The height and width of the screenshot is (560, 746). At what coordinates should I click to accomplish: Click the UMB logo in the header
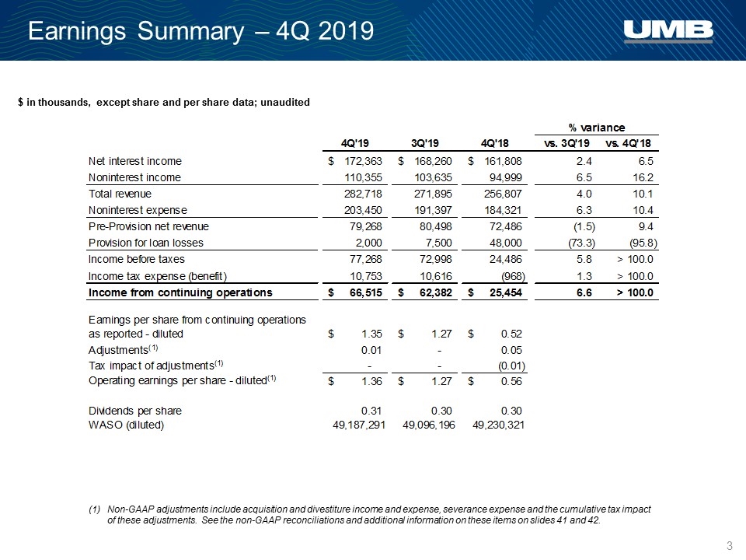[668, 31]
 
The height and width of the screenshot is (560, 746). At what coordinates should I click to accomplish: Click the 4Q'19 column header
[355, 143]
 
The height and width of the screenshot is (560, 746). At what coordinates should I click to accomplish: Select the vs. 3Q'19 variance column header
[566, 143]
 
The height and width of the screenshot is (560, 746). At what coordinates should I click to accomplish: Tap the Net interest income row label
[135, 162]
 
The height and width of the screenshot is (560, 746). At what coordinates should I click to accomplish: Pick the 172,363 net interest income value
[363, 162]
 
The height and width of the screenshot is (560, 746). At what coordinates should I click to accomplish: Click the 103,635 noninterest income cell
[433, 177]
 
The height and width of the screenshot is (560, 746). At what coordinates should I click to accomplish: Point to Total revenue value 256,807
[503, 194]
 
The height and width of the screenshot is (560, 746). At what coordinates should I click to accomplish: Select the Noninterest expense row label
[138, 210]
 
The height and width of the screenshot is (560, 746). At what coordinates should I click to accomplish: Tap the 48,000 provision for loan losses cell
[506, 243]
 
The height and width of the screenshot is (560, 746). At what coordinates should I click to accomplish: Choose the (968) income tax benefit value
[513, 276]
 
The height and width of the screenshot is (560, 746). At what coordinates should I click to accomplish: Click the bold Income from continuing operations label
[180, 292]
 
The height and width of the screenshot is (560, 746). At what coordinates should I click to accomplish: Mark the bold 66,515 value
[366, 293]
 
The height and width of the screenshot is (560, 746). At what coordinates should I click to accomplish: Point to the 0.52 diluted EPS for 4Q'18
[511, 334]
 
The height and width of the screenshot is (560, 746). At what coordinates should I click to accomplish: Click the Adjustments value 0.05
[511, 350]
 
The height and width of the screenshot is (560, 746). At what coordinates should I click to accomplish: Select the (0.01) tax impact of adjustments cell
[511, 366]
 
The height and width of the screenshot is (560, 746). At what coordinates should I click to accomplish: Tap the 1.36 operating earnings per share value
[371, 381]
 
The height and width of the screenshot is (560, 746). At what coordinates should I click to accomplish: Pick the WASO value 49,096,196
[429, 425]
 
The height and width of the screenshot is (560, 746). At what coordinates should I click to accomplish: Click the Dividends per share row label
[135, 411]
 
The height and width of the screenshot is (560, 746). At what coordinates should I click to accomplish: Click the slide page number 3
[730, 546]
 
